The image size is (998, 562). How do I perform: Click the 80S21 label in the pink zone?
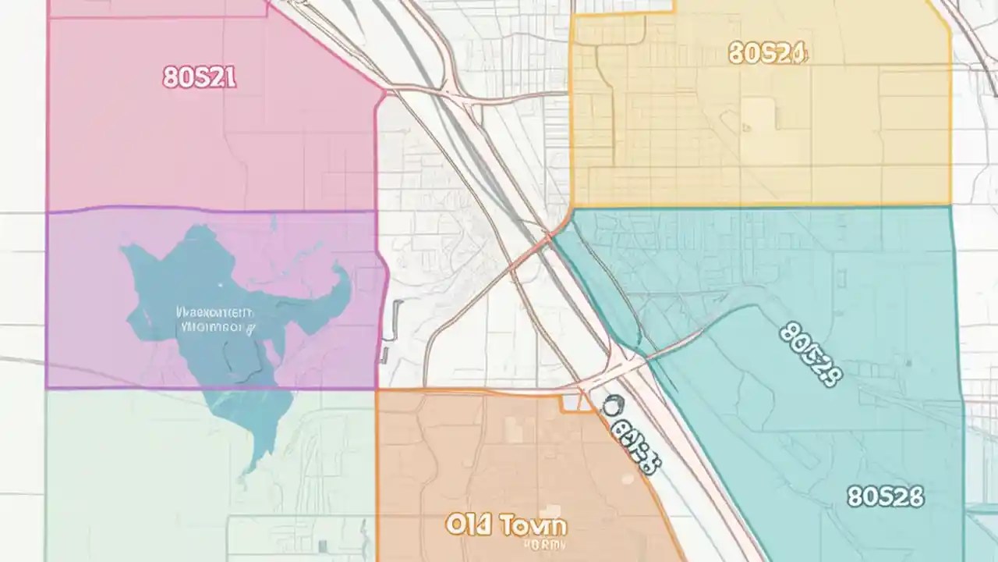[x=200, y=77]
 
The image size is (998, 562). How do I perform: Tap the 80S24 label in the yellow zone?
[x=768, y=53]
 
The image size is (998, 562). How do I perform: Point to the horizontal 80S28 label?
[x=885, y=496]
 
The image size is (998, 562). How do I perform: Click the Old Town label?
[x=506, y=525]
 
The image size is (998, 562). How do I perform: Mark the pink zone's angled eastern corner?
[x=384, y=92]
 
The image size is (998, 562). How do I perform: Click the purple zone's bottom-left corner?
[x=47, y=387]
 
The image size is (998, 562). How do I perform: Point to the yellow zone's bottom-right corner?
[x=950, y=205]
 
